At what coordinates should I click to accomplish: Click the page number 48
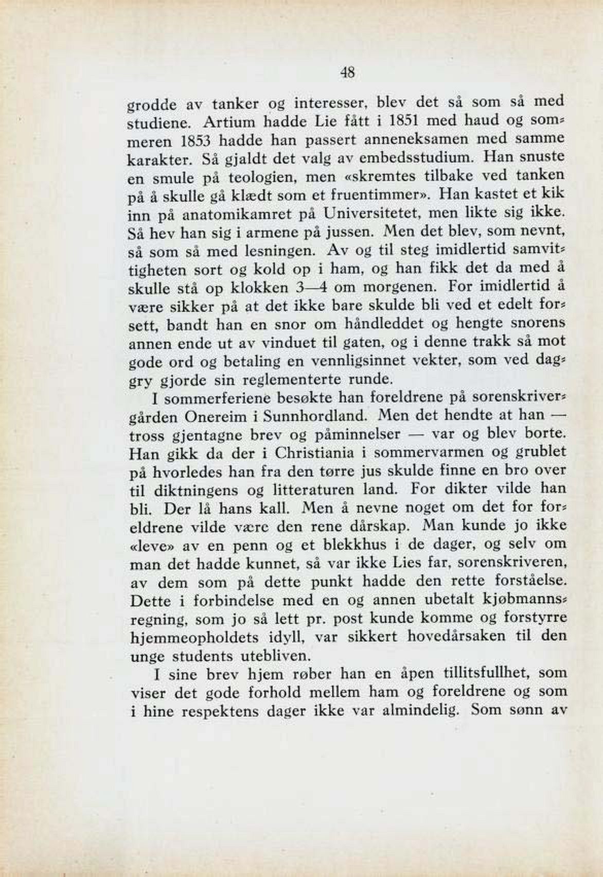[348, 73]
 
